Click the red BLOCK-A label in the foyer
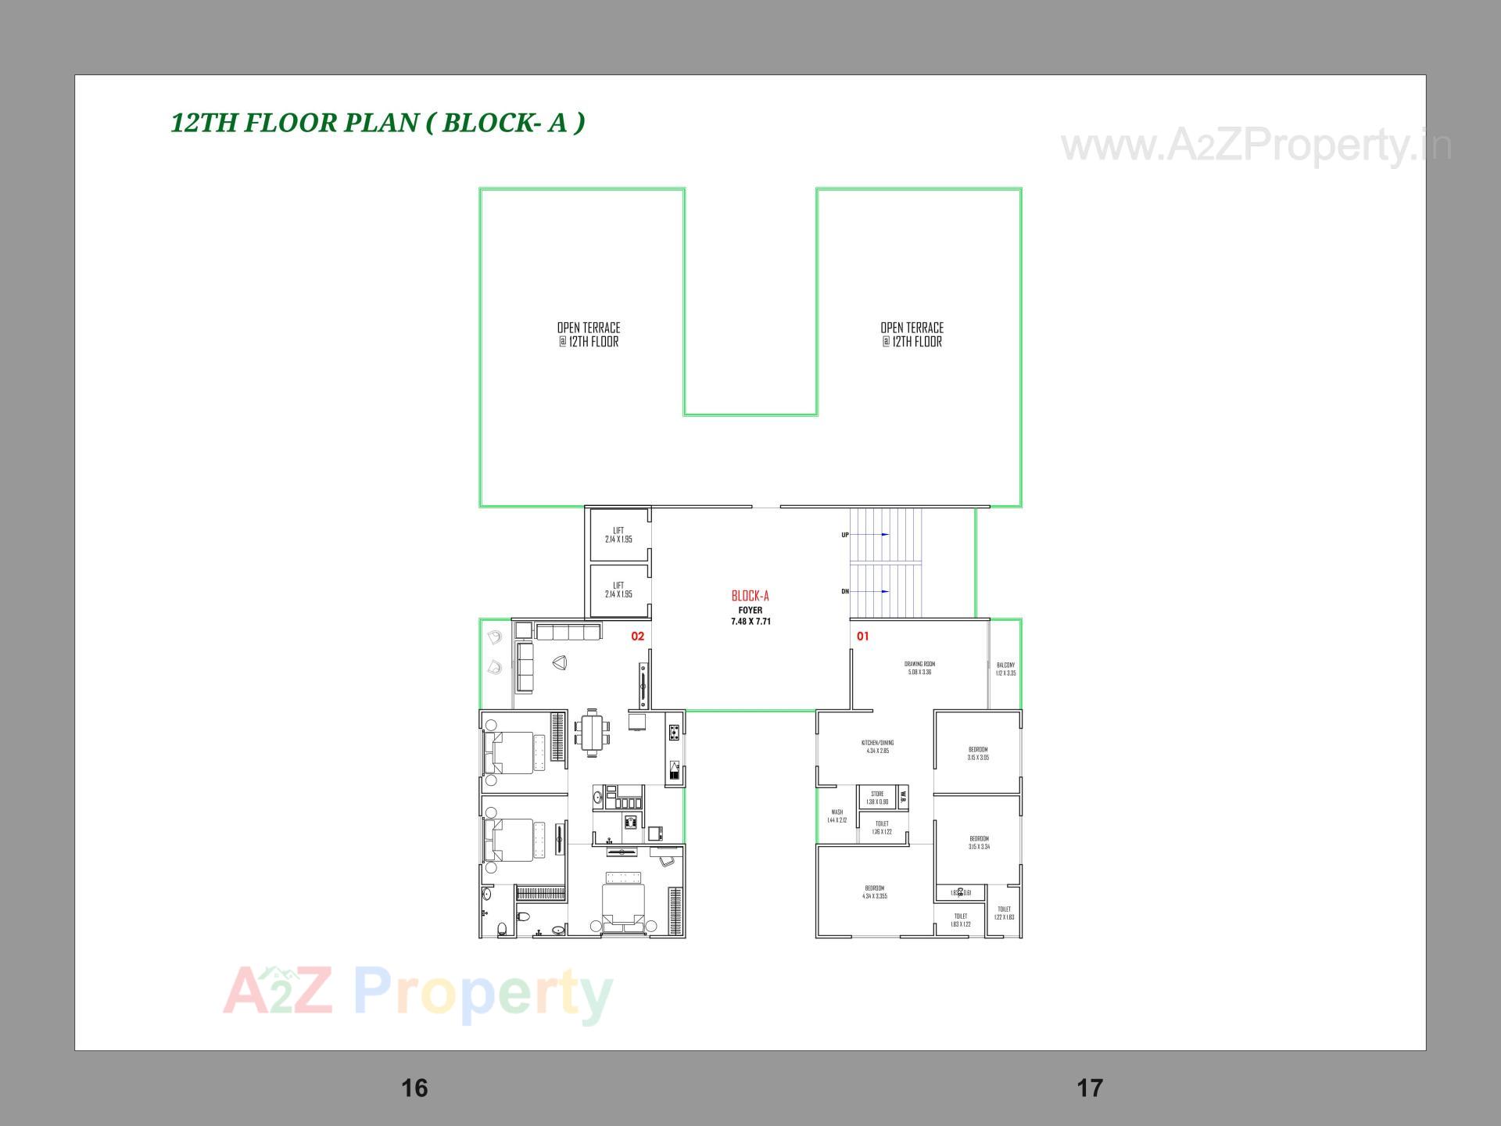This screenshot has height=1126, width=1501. point(750,596)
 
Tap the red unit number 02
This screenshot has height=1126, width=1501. point(638,637)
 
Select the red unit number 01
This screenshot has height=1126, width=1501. point(862,637)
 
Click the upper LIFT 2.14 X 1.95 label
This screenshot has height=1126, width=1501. point(618,535)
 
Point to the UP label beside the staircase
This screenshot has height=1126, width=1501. point(845,535)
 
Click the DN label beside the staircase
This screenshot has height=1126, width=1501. point(845,592)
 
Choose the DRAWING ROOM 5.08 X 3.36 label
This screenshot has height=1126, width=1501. point(919,668)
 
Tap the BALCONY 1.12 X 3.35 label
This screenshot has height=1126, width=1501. point(1005,669)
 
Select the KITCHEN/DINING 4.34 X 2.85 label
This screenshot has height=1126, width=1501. point(877,747)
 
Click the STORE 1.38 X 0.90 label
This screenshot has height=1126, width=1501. point(877,798)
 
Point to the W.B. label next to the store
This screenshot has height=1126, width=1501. point(903,797)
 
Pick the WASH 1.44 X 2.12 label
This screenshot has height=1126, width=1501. point(836,816)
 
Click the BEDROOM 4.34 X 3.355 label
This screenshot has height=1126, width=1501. point(874,892)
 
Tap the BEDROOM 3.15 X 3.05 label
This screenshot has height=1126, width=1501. point(978,753)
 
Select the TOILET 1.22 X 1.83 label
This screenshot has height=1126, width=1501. point(1004,913)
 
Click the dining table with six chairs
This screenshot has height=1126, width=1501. point(593,733)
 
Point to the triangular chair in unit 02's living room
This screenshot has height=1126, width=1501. point(559,663)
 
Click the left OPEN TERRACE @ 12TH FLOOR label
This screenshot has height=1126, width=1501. point(589,335)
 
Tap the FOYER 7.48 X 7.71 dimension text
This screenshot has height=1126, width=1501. point(750,616)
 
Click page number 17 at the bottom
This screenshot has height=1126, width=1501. point(1090,1088)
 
